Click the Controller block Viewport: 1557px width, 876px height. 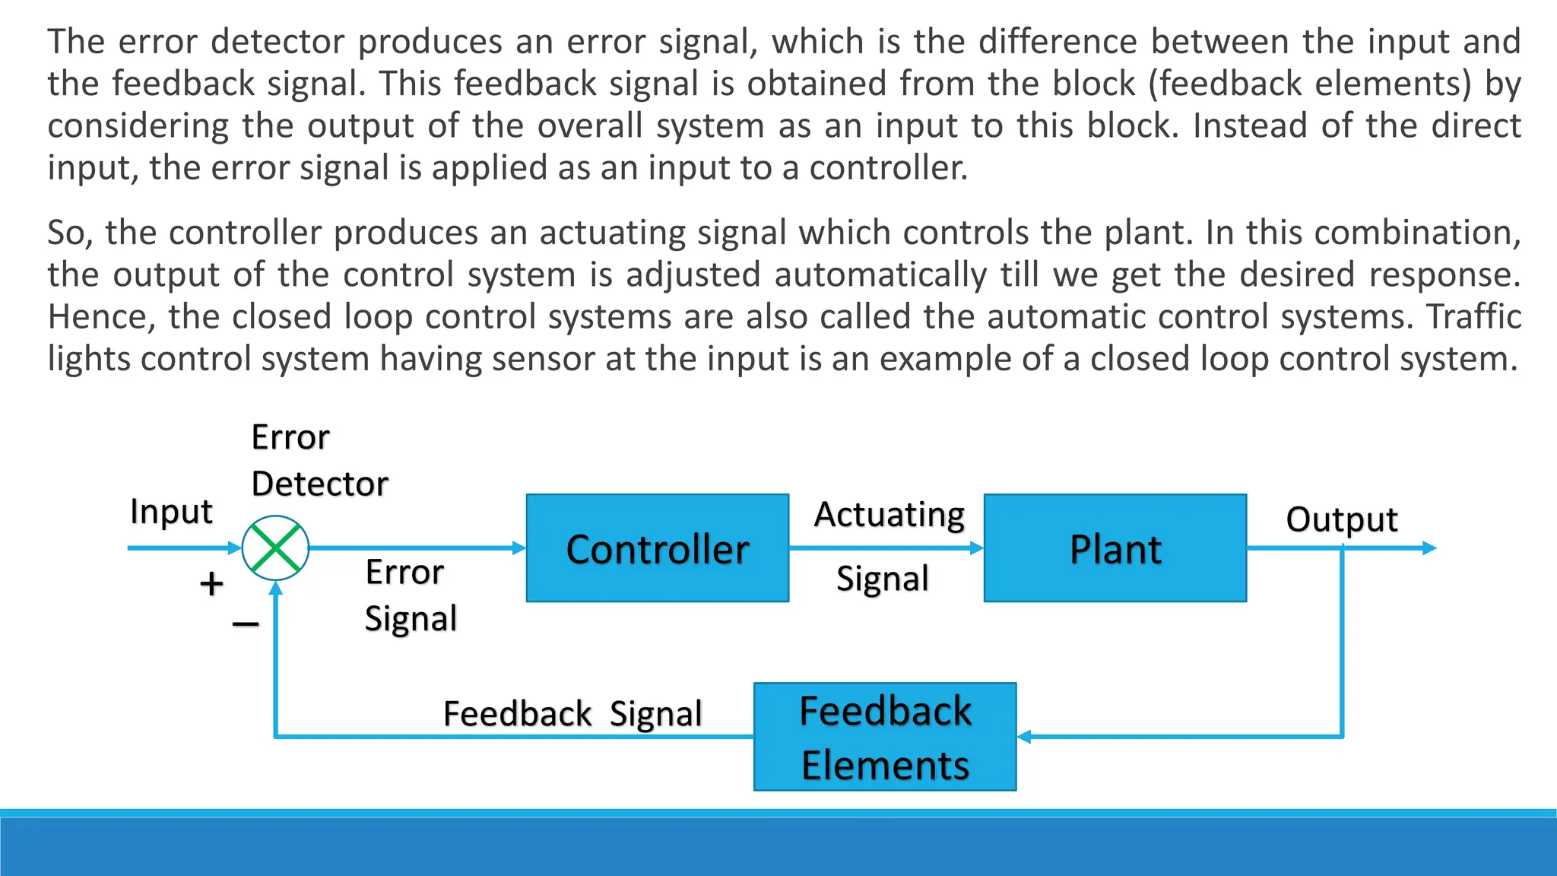click(x=657, y=548)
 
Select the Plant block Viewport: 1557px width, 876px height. click(x=1115, y=548)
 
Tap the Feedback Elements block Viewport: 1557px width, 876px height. click(x=885, y=737)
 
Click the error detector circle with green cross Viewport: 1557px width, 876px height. click(x=275, y=548)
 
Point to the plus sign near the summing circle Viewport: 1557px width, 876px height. click(x=211, y=584)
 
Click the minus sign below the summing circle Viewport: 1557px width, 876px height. click(x=246, y=624)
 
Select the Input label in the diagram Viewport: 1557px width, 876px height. click(x=171, y=511)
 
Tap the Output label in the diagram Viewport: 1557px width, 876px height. click(x=1342, y=519)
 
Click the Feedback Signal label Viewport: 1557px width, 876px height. click(x=572, y=714)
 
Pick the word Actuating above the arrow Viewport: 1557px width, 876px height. click(x=889, y=515)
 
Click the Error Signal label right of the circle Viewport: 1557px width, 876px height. click(x=411, y=595)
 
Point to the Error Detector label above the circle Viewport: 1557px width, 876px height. click(x=319, y=461)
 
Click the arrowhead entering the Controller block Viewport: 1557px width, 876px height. click(x=519, y=547)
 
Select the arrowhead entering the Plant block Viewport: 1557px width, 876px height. click(x=977, y=547)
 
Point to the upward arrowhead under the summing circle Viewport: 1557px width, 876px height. click(x=276, y=588)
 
